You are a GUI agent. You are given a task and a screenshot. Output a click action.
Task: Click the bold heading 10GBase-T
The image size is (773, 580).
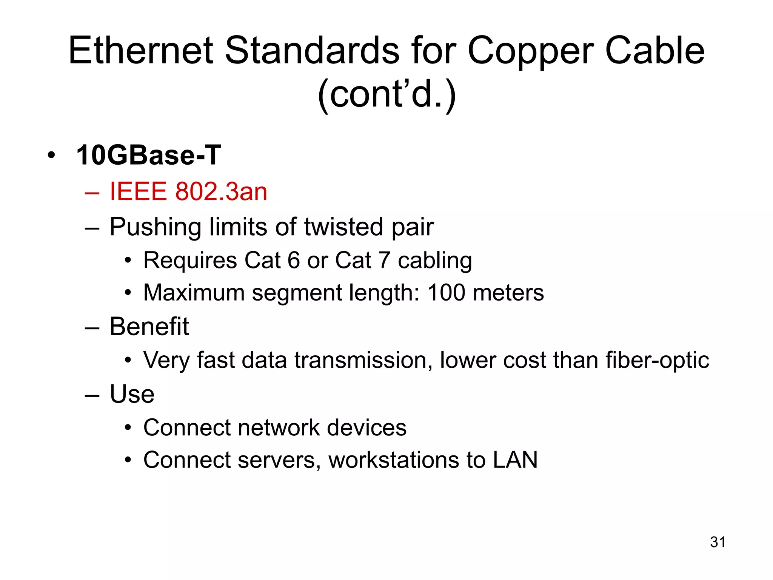(148, 155)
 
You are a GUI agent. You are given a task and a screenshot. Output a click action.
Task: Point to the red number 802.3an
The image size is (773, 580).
(221, 191)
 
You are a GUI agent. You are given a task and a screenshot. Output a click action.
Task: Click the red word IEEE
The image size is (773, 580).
(138, 191)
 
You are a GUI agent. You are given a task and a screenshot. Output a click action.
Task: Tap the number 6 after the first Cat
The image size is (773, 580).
(294, 260)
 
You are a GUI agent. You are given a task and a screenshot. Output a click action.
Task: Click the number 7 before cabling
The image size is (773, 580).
(384, 260)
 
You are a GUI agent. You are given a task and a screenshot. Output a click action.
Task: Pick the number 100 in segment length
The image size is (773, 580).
(446, 293)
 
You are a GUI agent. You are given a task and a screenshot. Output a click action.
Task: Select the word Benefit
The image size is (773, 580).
(149, 326)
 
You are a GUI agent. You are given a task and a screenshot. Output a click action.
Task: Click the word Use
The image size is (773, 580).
(132, 394)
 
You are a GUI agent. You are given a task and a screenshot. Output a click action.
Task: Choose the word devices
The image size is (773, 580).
(366, 428)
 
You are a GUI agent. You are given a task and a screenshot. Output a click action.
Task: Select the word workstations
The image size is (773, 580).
(394, 460)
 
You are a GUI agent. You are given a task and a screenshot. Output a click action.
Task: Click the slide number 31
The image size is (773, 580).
(718, 542)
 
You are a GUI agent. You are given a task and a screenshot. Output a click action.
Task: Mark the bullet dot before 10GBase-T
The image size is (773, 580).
(52, 155)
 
